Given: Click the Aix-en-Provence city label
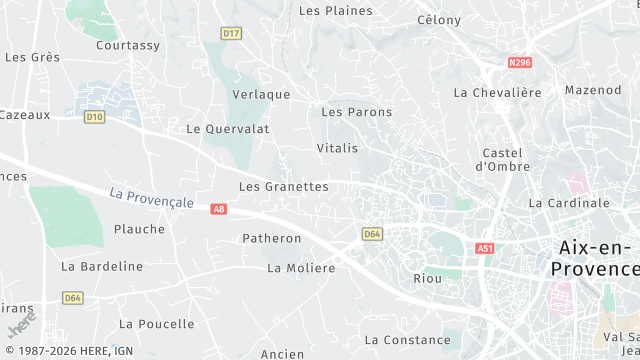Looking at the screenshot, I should pyautogui.click(x=594, y=257).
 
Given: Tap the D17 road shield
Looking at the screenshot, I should pyautogui.click(x=232, y=33).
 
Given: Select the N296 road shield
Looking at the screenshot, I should pyautogui.click(x=519, y=63).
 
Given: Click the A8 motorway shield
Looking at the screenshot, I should pyautogui.click(x=219, y=209).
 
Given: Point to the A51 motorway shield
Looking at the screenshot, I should pyautogui.click(x=486, y=248).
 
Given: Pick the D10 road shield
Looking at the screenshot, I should pyautogui.click(x=94, y=117).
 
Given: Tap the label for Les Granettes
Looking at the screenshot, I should pyautogui.click(x=284, y=187).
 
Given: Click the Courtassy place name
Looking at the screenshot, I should pyautogui.click(x=128, y=46).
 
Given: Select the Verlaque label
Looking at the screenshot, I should pyautogui.click(x=261, y=95).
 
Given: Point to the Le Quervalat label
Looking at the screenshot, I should pyautogui.click(x=228, y=129).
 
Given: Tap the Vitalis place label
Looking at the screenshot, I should pyautogui.click(x=337, y=148).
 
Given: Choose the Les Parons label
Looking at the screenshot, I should pyautogui.click(x=357, y=112).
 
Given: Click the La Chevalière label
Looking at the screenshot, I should pyautogui.click(x=497, y=93).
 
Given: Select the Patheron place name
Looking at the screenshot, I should pyautogui.click(x=272, y=239).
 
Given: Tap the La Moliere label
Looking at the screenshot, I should pyautogui.click(x=302, y=268).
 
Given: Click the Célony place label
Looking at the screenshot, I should pyautogui.click(x=439, y=20).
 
